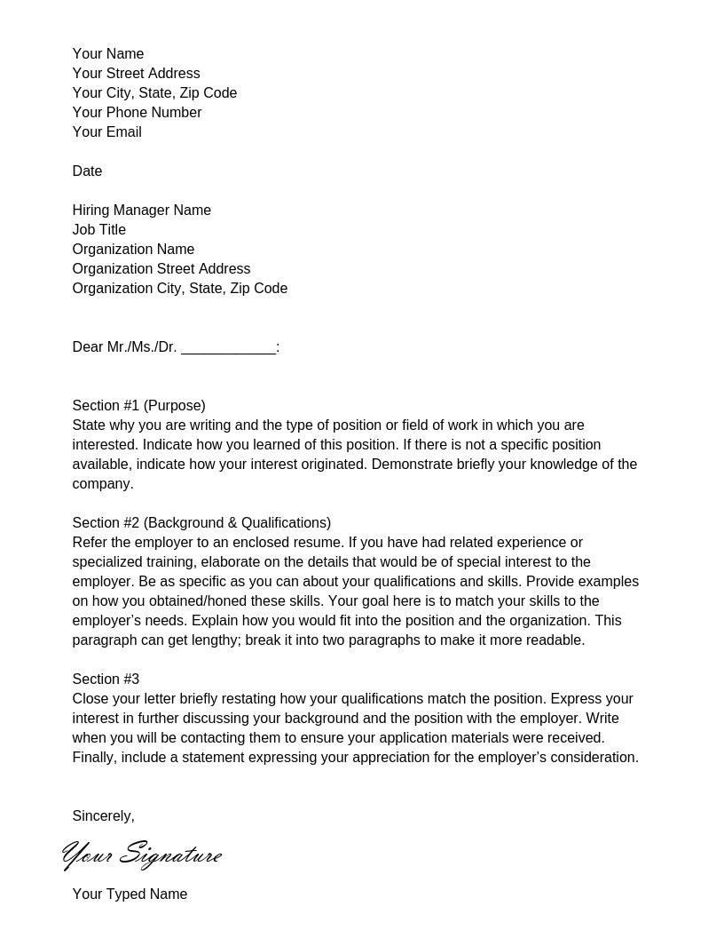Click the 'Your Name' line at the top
[x=107, y=54]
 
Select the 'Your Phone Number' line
[x=137, y=113]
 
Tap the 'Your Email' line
[x=106, y=132]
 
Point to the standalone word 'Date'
[x=87, y=171]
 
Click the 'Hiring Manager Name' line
[x=141, y=211]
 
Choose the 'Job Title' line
[x=98, y=230]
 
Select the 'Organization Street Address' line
[x=161, y=269]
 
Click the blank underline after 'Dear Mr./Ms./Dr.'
[x=228, y=348]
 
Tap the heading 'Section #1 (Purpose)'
[x=138, y=406]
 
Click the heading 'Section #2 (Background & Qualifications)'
[x=201, y=523]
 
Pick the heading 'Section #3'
[x=106, y=680]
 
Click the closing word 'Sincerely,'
[x=103, y=816]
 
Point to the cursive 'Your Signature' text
[x=142, y=855]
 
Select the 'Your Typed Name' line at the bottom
[x=130, y=894]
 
